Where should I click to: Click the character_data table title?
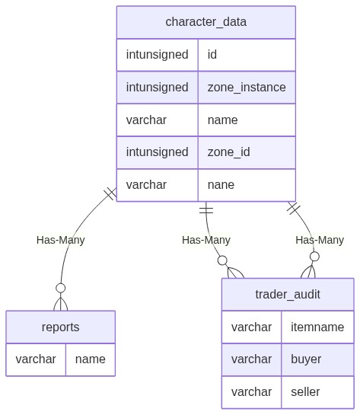(205, 22)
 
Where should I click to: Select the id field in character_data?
(212, 55)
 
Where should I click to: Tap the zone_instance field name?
(247, 88)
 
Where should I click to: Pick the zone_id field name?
(228, 152)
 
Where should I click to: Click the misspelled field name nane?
(221, 185)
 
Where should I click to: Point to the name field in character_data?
(222, 120)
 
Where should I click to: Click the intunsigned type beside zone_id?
(157, 152)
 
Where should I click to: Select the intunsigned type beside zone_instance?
(157, 88)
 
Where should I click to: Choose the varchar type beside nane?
(146, 185)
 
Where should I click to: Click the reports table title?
(61, 327)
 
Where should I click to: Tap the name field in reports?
(91, 359)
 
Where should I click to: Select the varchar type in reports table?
(36, 359)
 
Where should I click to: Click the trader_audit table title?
(288, 295)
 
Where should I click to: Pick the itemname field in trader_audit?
(317, 327)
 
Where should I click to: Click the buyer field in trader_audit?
(306, 359)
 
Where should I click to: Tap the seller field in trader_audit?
(305, 391)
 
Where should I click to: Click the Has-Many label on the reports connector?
(61, 240)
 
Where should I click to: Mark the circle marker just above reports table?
(61, 288)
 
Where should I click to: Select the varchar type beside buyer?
(251, 359)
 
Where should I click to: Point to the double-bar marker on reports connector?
(110, 193)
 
